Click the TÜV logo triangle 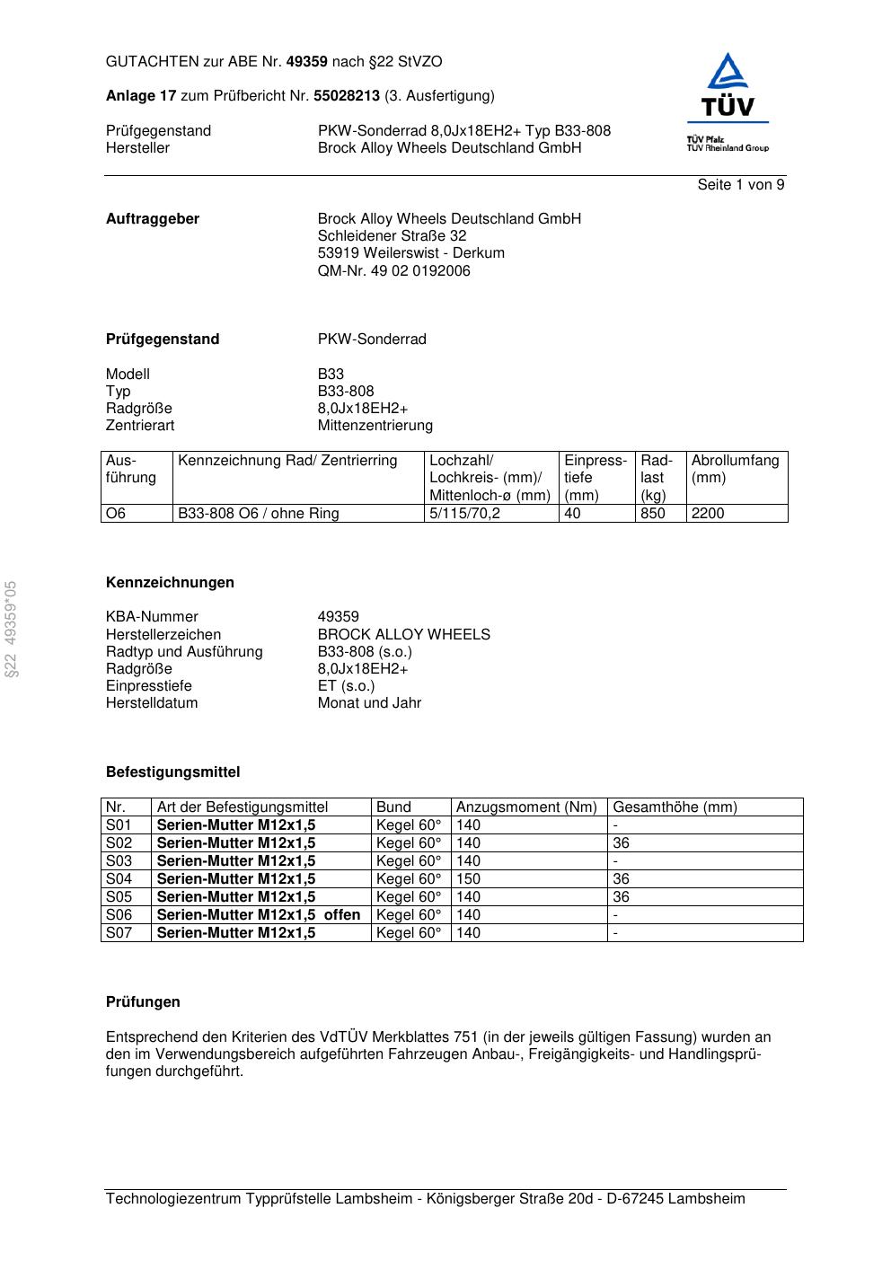(727, 74)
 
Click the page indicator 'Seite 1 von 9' (740, 185)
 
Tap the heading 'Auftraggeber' (153, 219)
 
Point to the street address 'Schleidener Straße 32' (392, 236)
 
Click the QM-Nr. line (393, 271)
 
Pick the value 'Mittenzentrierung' (375, 426)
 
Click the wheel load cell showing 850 (653, 514)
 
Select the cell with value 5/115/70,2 (464, 514)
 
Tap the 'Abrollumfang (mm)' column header (735, 469)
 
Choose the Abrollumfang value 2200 (708, 514)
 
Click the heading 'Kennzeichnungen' (170, 583)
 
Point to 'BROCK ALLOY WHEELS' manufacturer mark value (403, 635)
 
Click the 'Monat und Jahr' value (369, 703)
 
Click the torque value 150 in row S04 (468, 879)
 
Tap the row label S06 (119, 915)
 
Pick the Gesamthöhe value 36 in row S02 (621, 843)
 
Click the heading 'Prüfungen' (143, 1002)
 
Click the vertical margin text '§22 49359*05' (11, 629)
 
